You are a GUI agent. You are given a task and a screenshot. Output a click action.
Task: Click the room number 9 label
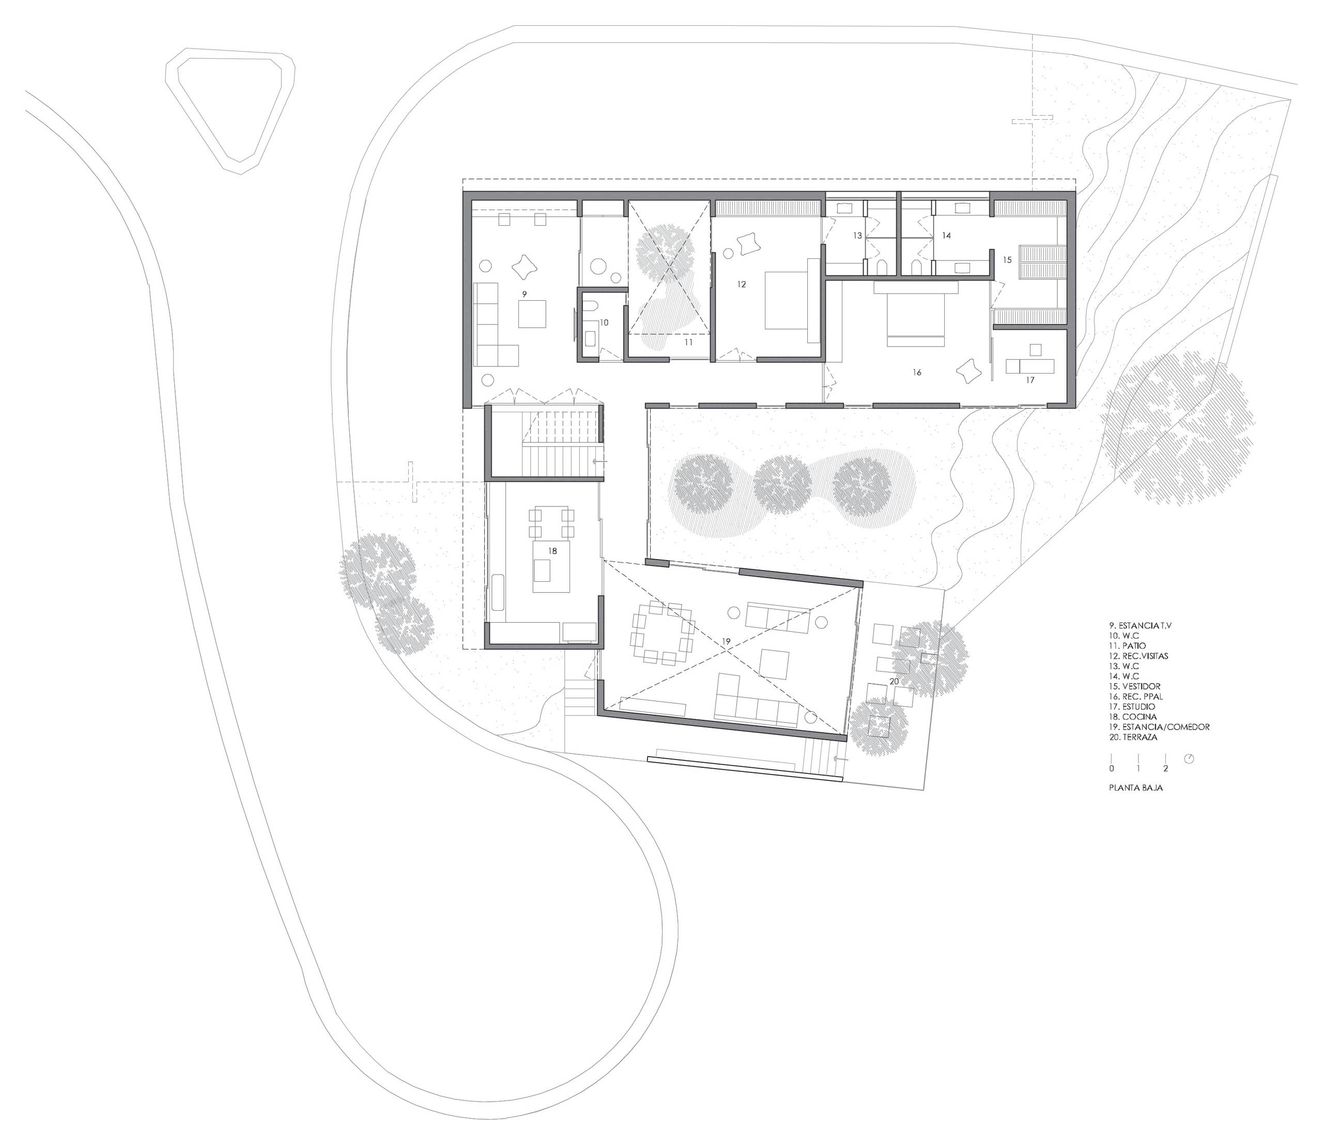(x=524, y=294)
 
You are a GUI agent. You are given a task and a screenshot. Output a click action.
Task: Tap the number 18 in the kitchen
(x=553, y=550)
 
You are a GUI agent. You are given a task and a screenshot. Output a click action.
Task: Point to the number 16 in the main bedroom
(x=917, y=372)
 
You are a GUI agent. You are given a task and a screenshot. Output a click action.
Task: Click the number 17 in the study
(x=1030, y=380)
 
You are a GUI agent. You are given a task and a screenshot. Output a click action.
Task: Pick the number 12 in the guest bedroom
(x=742, y=284)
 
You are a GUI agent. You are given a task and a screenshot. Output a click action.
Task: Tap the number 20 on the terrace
(x=894, y=681)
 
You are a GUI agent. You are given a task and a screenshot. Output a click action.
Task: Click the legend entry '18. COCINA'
(x=1139, y=717)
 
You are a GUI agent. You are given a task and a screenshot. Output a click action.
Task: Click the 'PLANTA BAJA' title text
(x=1136, y=788)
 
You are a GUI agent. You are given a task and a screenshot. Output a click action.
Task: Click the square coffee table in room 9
(x=532, y=314)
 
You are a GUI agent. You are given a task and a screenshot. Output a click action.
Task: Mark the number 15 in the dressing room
(x=1007, y=260)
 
